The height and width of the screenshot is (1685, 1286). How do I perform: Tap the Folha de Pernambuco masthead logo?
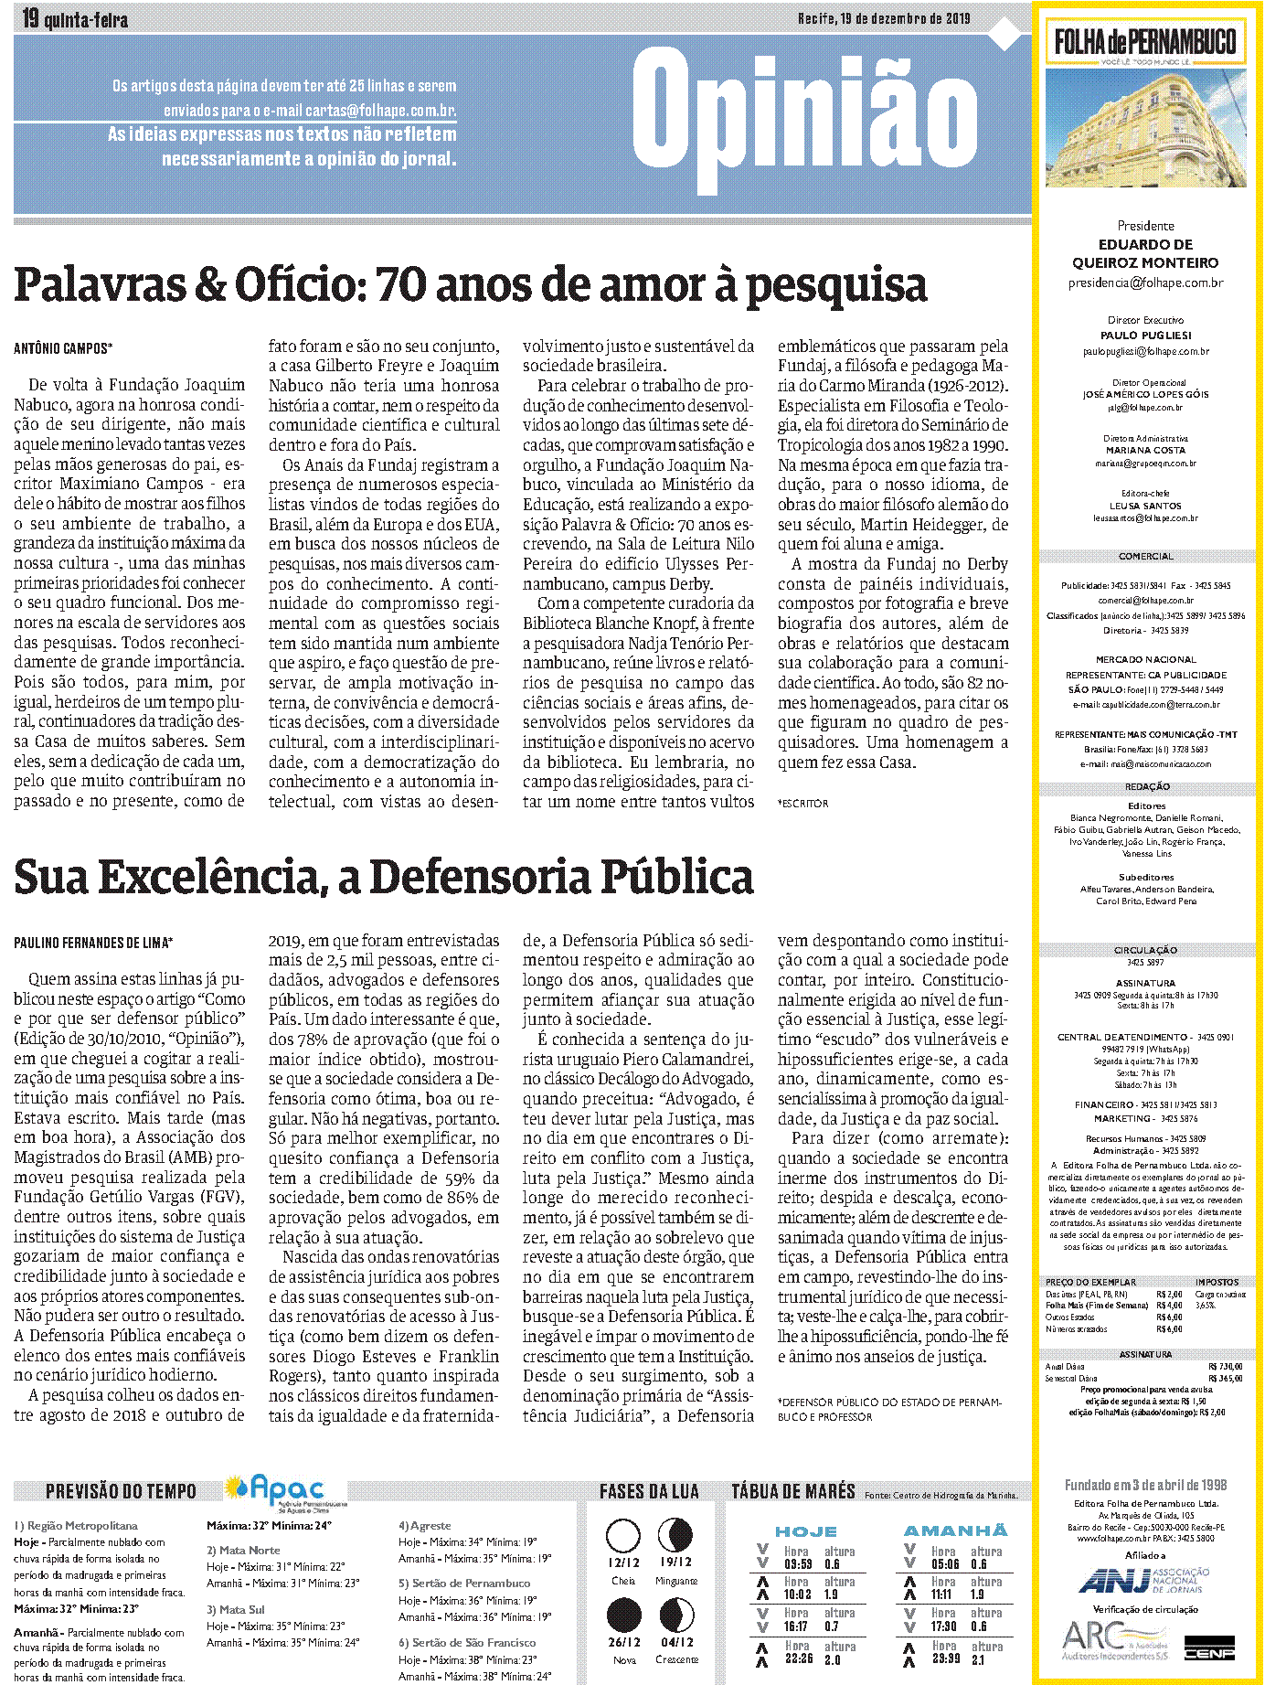(1144, 41)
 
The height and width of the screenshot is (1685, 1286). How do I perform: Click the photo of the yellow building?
(1145, 128)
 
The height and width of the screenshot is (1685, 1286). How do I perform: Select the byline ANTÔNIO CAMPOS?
(63, 348)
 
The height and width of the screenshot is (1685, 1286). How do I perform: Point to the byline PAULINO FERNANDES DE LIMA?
(92, 943)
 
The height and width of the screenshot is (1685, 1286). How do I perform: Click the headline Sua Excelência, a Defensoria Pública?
(384, 877)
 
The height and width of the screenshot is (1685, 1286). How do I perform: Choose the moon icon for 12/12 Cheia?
(623, 1536)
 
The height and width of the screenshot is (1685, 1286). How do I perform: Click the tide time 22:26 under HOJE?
(797, 1659)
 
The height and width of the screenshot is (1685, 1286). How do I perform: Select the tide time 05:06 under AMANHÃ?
(944, 1563)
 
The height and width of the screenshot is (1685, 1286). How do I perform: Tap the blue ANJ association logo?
(1143, 1579)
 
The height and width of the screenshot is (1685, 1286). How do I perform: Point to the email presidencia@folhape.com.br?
(1145, 283)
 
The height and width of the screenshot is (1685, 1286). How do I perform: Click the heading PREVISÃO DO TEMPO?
(121, 1492)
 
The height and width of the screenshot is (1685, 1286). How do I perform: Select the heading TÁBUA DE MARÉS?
(792, 1492)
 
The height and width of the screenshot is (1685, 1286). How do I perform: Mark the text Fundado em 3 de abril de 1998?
(1145, 1486)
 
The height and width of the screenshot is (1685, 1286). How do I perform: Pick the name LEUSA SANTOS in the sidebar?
(1145, 506)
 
